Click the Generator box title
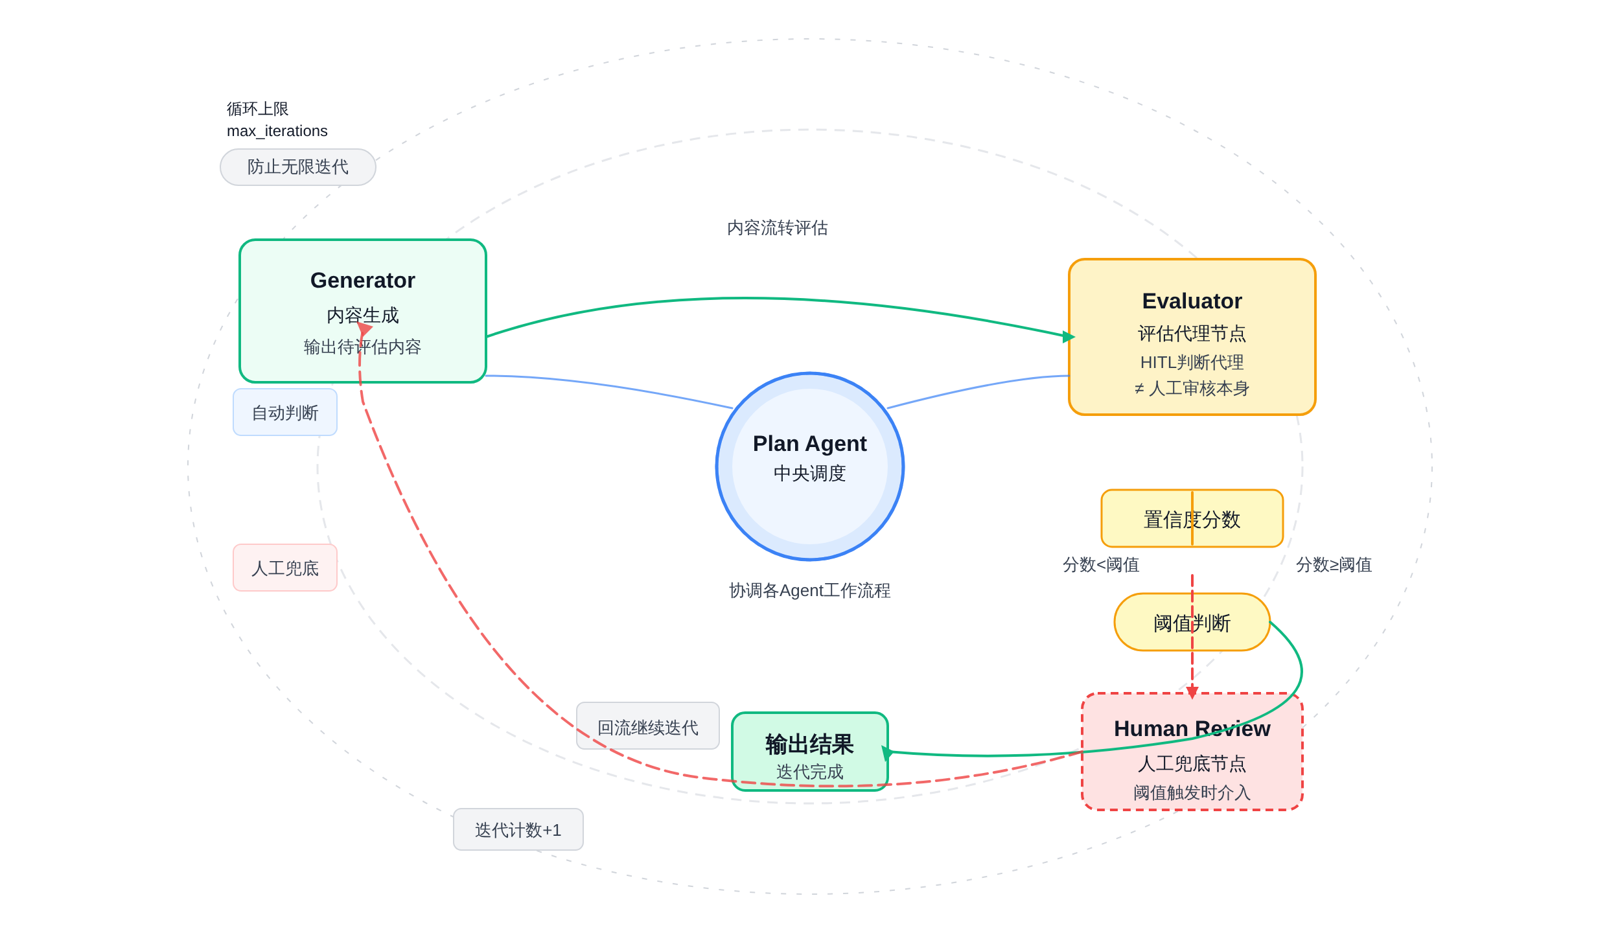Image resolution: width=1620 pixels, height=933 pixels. click(362, 281)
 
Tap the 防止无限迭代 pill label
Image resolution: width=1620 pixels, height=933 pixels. click(297, 167)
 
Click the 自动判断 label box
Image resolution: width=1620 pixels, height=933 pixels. click(284, 413)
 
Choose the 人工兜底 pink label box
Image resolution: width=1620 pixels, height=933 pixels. click(284, 568)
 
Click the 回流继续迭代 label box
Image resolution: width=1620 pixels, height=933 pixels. click(647, 727)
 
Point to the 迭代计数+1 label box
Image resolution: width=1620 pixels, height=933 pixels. click(518, 830)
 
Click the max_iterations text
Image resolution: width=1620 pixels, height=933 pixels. click(277, 131)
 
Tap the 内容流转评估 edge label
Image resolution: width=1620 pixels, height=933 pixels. click(777, 228)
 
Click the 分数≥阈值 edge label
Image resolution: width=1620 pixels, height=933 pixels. click(1334, 565)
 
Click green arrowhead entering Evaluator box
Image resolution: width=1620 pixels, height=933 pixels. click(1069, 336)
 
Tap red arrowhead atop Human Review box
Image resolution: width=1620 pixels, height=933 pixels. click(1192, 692)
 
